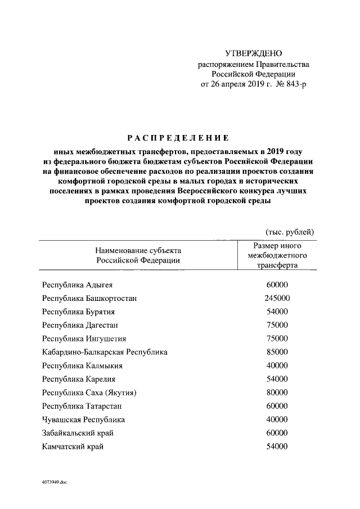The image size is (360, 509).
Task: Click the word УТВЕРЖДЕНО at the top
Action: pyautogui.click(x=253, y=53)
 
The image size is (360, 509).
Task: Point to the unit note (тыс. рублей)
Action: pyautogui.click(x=289, y=232)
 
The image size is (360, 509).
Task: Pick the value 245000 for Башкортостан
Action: pyautogui.click(x=277, y=299)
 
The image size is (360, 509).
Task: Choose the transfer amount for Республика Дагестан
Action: pyautogui.click(x=277, y=326)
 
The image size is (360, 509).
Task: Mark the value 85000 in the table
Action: pyautogui.click(x=277, y=353)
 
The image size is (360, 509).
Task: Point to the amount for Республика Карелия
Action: pyautogui.click(x=277, y=380)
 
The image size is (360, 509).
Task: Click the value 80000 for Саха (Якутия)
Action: pyautogui.click(x=277, y=393)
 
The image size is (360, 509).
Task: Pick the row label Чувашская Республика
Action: pyautogui.click(x=83, y=420)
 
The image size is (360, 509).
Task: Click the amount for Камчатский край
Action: pyautogui.click(x=277, y=447)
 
